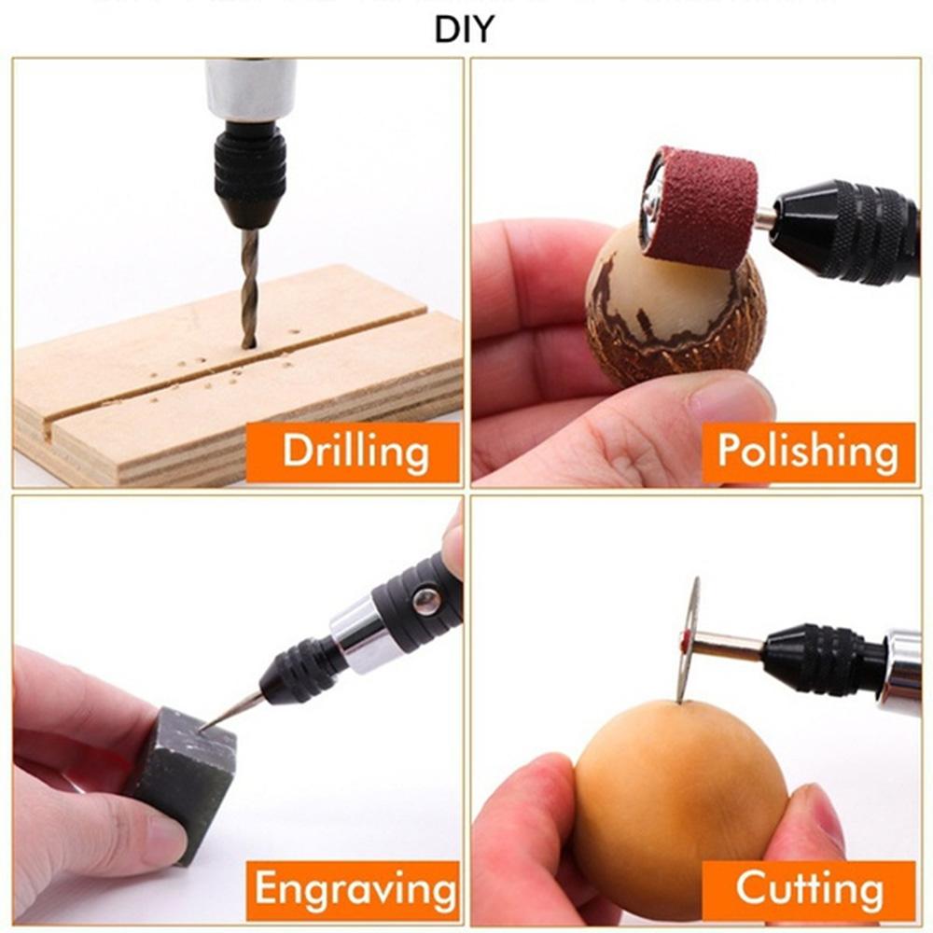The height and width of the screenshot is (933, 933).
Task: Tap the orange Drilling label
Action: click(x=355, y=452)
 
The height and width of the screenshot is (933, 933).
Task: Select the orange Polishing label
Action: click(x=808, y=452)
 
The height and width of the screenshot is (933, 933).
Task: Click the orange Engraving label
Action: click(x=355, y=887)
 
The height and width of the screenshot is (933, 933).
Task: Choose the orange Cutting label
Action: click(x=808, y=887)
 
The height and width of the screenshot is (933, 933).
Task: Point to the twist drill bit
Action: click(x=249, y=285)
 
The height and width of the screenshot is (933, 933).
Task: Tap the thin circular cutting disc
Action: click(x=689, y=638)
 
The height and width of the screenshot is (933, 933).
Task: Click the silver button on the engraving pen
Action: click(x=426, y=601)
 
